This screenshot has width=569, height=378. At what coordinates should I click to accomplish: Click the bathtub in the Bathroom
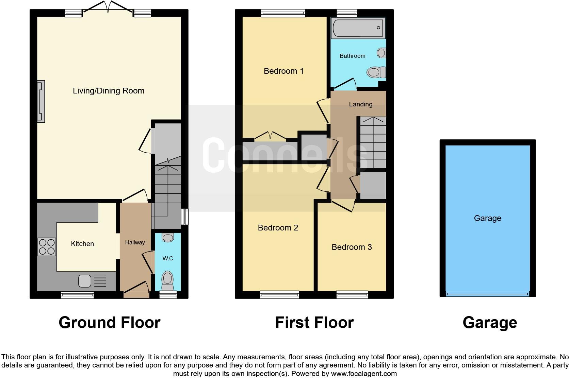(x=358, y=28)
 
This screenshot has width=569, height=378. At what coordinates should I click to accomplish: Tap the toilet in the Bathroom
(x=376, y=72)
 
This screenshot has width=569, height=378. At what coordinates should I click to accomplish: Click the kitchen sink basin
(x=85, y=281)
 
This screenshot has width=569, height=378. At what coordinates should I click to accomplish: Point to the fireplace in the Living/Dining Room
(x=41, y=101)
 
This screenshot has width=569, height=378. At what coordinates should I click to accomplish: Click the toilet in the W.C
(x=167, y=279)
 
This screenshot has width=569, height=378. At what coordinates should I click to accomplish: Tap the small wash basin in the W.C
(x=168, y=237)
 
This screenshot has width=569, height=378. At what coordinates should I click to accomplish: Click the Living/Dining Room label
(x=109, y=91)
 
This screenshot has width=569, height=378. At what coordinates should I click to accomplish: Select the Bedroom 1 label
(x=283, y=71)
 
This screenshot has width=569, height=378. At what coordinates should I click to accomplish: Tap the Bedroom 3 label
(x=352, y=247)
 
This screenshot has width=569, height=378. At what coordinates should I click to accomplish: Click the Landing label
(x=360, y=104)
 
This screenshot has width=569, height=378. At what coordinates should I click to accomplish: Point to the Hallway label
(x=135, y=242)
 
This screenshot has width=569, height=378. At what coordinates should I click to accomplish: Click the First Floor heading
(x=314, y=323)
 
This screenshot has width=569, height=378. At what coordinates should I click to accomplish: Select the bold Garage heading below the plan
(x=489, y=323)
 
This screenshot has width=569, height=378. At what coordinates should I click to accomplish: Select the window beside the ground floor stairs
(x=185, y=216)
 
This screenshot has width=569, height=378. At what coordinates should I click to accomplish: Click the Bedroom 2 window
(x=279, y=295)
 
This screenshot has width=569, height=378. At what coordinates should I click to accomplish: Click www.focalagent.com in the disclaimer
(x=363, y=374)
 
